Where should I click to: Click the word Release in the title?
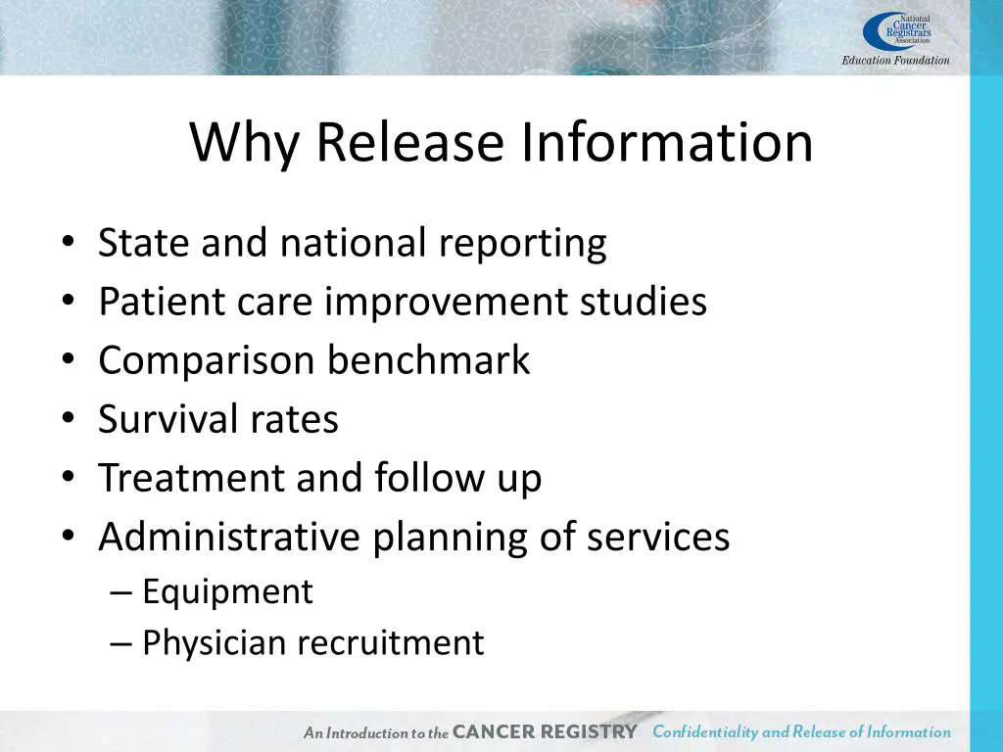409,143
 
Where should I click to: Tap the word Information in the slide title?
666,143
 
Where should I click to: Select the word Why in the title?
244,143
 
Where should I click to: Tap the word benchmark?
428,360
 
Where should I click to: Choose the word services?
658,537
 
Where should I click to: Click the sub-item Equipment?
227,592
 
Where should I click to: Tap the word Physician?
215,643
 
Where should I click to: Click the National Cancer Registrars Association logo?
896,30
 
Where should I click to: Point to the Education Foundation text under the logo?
895,61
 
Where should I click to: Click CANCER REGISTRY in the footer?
546,732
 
